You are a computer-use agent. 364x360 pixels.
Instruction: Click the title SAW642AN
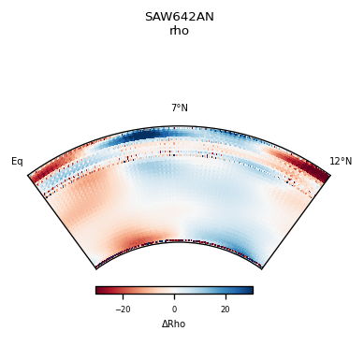(x=179, y=17)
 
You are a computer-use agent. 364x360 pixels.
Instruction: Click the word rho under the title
(x=179, y=31)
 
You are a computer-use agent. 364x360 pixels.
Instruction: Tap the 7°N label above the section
(x=179, y=108)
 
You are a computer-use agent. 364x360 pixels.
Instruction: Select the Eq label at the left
(x=17, y=162)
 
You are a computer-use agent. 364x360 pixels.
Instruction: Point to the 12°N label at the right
(x=341, y=162)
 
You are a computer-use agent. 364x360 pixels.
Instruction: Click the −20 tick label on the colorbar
(x=123, y=309)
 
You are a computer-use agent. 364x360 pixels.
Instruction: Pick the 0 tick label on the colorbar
(x=174, y=309)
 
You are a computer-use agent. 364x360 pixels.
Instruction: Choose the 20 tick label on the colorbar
(x=225, y=309)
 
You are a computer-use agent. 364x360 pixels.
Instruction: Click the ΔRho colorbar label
(x=174, y=324)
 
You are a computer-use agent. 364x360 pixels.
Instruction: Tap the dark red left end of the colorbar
(x=98, y=290)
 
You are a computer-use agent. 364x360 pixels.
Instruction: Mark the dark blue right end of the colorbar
(x=250, y=290)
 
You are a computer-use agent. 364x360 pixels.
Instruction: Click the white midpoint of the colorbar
(x=174, y=290)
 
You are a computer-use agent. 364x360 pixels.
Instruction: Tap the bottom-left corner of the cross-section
(x=96, y=268)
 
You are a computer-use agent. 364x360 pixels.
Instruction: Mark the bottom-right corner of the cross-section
(x=261, y=268)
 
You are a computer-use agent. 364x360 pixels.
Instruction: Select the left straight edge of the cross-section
(x=63, y=222)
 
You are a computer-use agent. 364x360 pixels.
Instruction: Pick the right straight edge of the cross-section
(x=296, y=222)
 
